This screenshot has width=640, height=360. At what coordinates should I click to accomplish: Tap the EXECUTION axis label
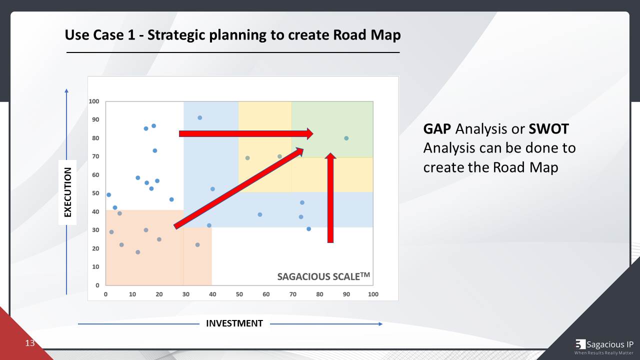tap(68, 192)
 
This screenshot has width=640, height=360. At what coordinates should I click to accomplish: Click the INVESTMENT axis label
tap(234, 323)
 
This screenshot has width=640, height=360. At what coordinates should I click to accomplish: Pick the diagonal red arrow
tap(239, 188)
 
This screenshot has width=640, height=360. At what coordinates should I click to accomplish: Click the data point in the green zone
tap(346, 138)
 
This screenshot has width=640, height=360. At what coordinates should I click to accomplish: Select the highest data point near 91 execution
tap(199, 118)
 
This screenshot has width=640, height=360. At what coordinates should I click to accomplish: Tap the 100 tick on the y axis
tap(94, 101)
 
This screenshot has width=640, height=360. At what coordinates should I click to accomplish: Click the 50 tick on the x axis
tap(239, 294)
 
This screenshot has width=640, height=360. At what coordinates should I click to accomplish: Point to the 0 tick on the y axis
tap(97, 285)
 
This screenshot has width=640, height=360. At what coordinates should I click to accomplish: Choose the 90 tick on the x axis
tap(346, 294)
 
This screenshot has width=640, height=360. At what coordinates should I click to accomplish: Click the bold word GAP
tap(437, 129)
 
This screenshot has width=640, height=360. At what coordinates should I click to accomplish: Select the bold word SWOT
tap(548, 129)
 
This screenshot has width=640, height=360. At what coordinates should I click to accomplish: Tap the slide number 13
tap(30, 343)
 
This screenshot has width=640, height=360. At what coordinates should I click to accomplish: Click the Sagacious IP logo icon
tap(580, 344)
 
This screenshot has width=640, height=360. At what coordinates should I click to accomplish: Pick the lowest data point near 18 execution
tap(138, 252)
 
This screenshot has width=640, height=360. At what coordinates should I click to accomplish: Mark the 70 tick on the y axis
tap(95, 156)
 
